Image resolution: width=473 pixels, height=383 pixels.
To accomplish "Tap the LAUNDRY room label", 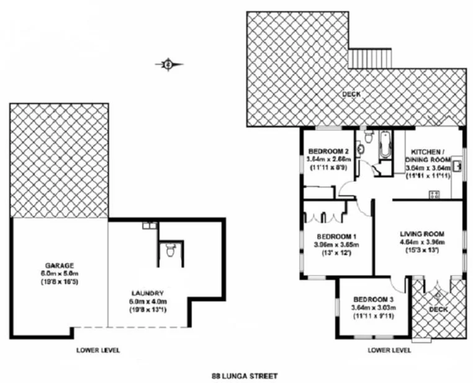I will click(146, 293).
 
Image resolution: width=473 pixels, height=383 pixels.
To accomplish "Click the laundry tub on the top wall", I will click(148, 226).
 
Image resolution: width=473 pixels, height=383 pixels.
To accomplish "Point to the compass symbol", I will click(168, 63).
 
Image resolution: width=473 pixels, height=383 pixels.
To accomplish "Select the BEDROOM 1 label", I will click(336, 237).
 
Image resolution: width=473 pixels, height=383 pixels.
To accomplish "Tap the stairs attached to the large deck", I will click(369, 59).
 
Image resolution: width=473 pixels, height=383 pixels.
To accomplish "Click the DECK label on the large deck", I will click(351, 94).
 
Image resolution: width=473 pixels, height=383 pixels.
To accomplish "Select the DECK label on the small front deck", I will click(438, 309).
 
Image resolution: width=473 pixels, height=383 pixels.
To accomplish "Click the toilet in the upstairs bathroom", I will click(367, 138).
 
